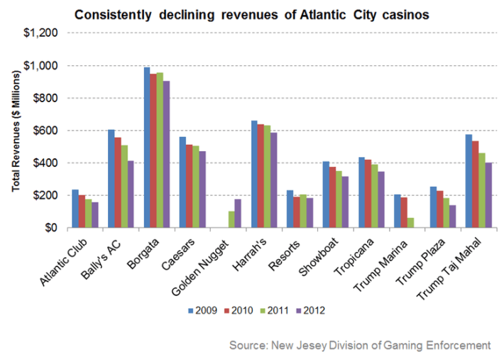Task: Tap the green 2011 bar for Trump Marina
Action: (x=411, y=223)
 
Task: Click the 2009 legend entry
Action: (x=202, y=310)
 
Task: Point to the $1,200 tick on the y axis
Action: (x=45, y=33)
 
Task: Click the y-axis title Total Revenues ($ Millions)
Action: (x=16, y=131)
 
